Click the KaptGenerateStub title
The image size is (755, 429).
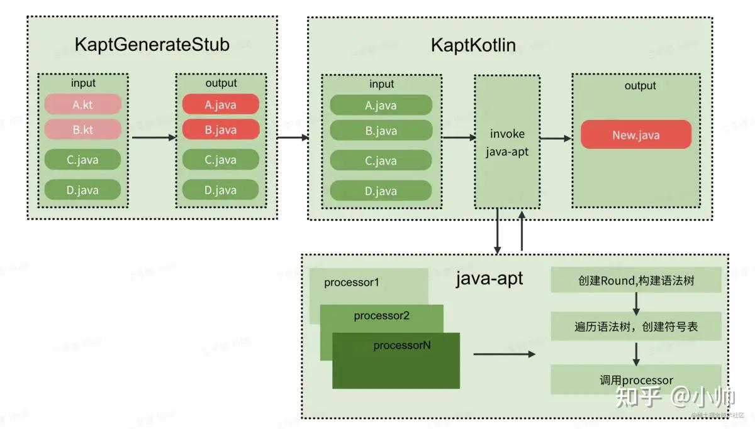tap(152, 45)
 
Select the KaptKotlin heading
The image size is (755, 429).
tap(473, 45)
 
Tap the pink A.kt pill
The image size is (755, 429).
tap(82, 104)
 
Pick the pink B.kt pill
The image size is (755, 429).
tap(82, 129)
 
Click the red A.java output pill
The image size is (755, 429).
tap(220, 104)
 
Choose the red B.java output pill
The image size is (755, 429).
tap(220, 129)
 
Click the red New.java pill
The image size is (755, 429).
tap(635, 135)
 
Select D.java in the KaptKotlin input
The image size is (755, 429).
tap(381, 191)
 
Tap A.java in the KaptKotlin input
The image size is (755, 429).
tap(381, 105)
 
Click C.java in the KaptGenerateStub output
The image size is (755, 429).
tap(220, 160)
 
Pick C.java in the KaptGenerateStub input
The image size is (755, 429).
tap(82, 160)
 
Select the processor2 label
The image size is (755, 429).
tap(381, 316)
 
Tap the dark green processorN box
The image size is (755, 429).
tap(396, 361)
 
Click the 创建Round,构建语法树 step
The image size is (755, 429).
tap(635, 280)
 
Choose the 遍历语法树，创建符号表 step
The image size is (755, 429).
tap(635, 327)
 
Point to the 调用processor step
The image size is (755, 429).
tap(635, 380)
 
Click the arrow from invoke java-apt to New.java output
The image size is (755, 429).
tap(555, 138)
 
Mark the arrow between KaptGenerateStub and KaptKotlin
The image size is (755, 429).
tap(293, 137)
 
